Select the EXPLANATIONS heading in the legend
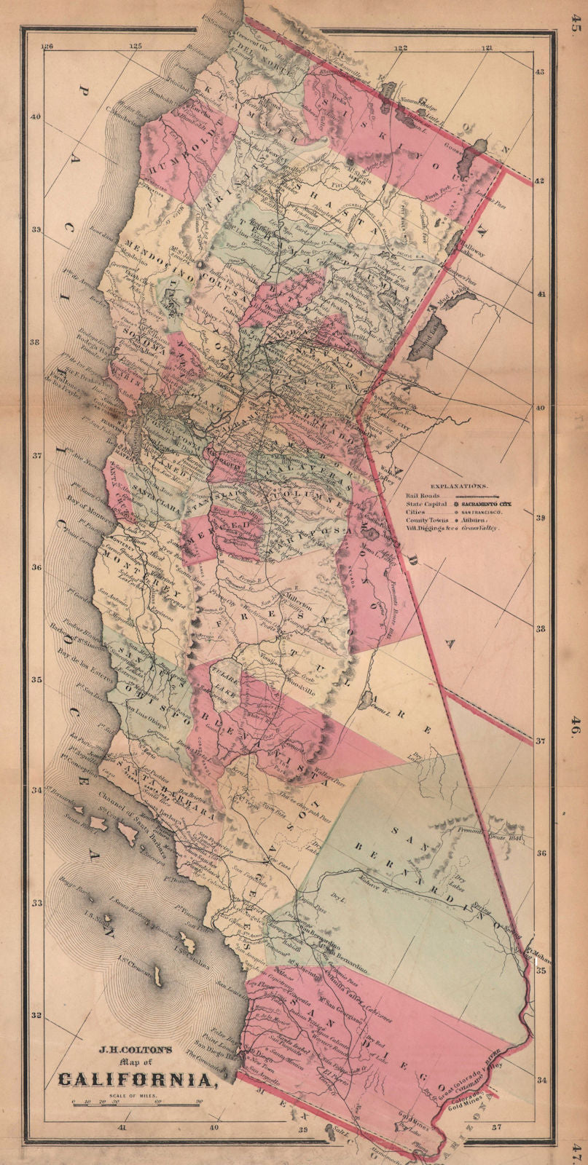(x=459, y=485)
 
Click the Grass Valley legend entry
(x=479, y=528)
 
